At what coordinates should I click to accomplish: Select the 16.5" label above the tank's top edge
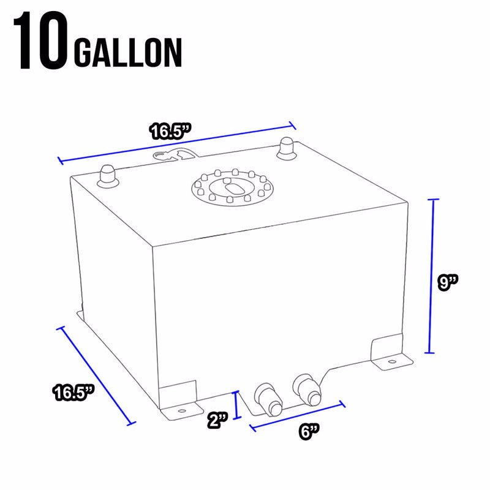pos(171,130)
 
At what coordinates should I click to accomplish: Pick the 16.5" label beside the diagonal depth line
pos(72,392)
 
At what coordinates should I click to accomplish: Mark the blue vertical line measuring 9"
pos(433,276)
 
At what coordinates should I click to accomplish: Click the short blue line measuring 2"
pos(237,405)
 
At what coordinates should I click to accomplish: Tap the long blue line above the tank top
pos(177,144)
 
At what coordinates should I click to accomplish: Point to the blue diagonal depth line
pos(95,375)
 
